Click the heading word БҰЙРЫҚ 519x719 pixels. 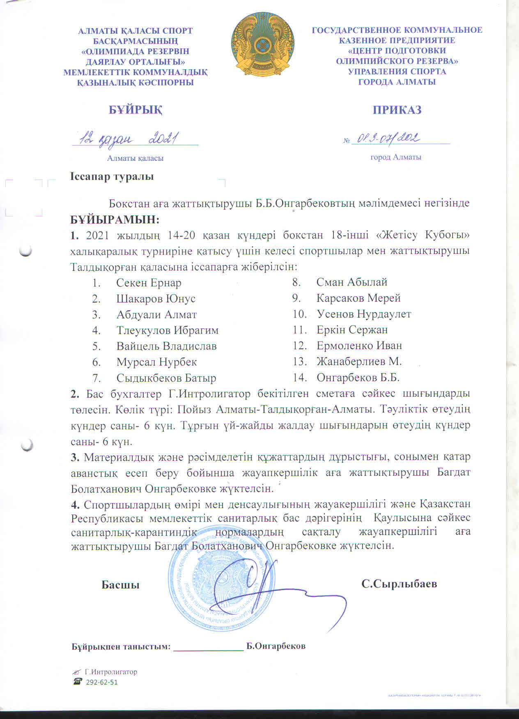135,110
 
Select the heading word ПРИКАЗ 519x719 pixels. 397,110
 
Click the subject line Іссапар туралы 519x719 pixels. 113,177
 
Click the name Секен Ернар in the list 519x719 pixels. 149,283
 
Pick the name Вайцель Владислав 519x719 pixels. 166,346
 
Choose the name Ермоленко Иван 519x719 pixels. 359,346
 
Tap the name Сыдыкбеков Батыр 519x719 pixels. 166,378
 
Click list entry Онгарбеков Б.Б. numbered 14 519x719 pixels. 358,378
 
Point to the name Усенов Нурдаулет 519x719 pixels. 364,314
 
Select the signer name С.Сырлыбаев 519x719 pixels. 399,584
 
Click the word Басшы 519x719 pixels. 121,585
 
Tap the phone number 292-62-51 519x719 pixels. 101,682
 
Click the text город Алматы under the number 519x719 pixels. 396,157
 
